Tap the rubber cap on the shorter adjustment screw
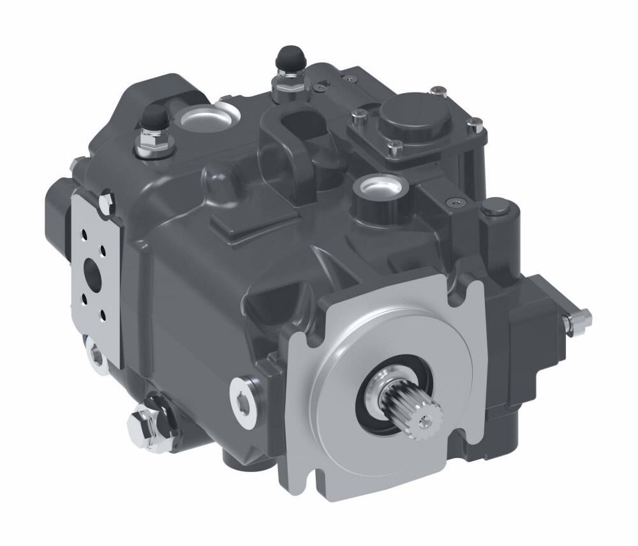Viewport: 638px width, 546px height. [153, 119]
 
